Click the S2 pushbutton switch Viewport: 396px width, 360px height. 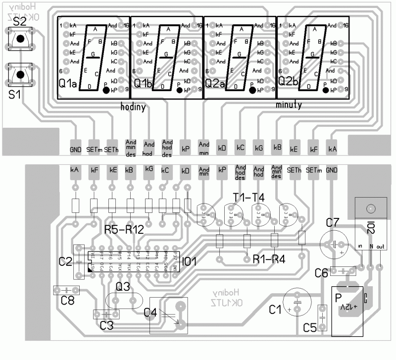click(20, 38)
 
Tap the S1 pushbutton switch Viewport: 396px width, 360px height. click(20, 75)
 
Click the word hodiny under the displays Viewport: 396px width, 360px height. click(133, 106)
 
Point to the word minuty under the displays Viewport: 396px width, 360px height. click(289, 105)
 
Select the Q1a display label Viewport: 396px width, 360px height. click(67, 83)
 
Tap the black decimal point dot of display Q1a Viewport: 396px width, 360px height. click(106, 90)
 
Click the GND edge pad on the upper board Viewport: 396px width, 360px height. click(75, 149)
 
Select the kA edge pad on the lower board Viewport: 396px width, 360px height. click(75, 170)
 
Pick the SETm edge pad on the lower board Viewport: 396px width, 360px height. click(312, 170)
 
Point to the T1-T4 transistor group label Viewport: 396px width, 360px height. click(248, 197)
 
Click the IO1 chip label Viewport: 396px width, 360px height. click(190, 261)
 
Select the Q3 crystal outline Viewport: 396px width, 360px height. click(124, 301)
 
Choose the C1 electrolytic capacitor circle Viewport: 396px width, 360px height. click(297, 301)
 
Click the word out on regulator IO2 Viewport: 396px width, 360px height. click(380, 247)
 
